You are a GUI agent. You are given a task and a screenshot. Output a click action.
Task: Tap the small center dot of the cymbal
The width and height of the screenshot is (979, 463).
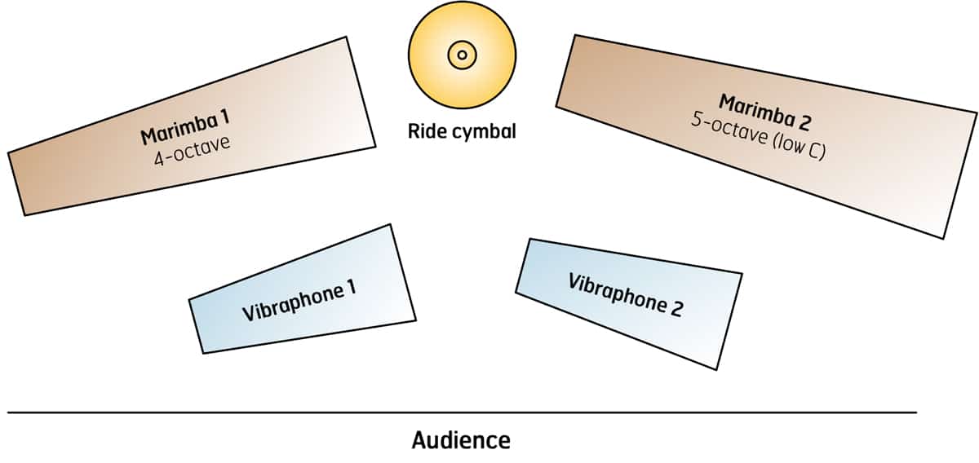tap(462, 55)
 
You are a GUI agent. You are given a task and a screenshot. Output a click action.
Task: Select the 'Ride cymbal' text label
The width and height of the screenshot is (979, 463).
tap(462, 130)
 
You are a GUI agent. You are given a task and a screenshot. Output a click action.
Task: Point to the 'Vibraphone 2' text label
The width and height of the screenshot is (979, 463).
tap(625, 294)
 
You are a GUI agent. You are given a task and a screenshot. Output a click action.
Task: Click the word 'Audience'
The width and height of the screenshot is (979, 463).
tap(461, 441)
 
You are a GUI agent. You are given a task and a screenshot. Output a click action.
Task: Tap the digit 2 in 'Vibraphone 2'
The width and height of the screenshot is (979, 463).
tap(676, 310)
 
